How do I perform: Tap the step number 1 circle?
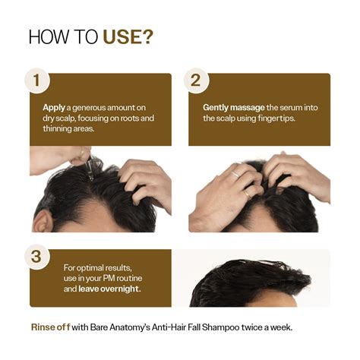tap(35, 80)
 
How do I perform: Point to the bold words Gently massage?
tap(231, 108)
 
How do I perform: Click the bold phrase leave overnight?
tap(93, 289)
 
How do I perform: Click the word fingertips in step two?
tap(276, 118)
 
